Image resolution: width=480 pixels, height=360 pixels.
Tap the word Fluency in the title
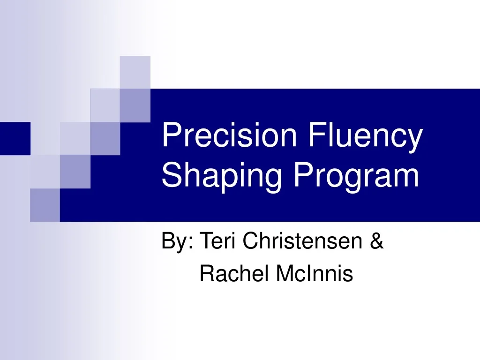click(x=366, y=135)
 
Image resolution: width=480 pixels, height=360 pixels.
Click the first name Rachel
click(x=234, y=274)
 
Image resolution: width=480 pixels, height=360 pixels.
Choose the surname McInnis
click(x=314, y=274)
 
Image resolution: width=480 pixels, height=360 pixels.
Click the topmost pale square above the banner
click(x=135, y=71)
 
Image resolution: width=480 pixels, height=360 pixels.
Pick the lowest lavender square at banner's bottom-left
click(x=45, y=205)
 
